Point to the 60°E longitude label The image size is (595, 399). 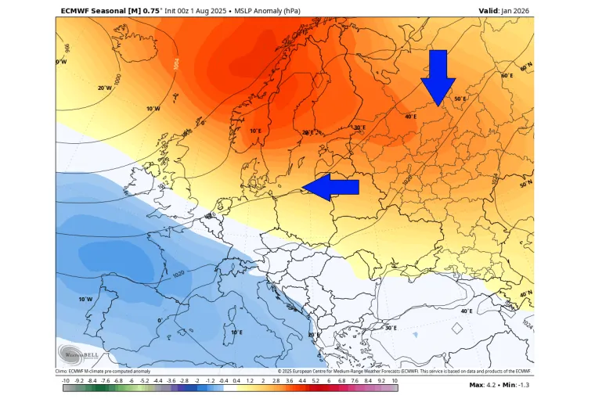click(507, 76)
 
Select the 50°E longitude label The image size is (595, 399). click(460, 99)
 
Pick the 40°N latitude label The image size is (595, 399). click(526, 295)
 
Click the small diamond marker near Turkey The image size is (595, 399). click(457, 329)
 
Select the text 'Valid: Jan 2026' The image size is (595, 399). click(505, 10)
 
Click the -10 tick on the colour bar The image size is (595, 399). click(67, 380)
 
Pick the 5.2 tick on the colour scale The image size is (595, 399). click(316, 380)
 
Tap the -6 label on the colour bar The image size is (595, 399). click(132, 380)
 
